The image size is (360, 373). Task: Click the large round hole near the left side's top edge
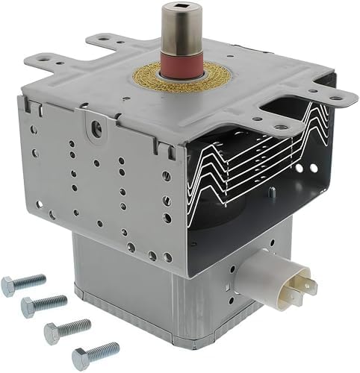click(x=96, y=130)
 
